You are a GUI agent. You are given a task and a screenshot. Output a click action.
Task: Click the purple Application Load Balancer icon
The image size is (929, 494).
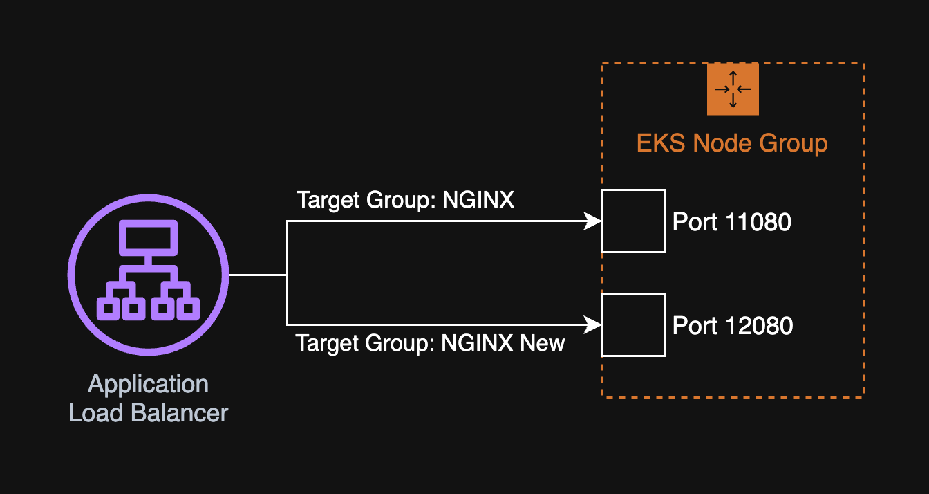click(148, 275)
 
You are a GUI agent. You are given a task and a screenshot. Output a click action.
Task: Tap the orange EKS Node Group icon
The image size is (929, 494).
click(733, 89)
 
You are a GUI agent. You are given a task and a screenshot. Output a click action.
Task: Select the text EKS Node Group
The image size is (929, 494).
click(732, 143)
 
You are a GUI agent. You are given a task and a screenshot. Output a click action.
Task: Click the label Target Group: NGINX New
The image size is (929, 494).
click(430, 342)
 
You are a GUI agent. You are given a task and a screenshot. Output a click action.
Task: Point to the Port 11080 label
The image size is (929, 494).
click(731, 222)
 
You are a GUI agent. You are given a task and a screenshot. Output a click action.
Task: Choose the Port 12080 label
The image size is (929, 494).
click(732, 325)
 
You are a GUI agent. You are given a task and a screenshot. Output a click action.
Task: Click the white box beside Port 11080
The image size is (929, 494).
click(633, 221)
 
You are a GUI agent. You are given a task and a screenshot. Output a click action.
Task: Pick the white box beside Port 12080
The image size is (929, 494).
click(633, 324)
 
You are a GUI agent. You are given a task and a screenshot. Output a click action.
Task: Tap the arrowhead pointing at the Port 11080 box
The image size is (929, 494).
click(593, 221)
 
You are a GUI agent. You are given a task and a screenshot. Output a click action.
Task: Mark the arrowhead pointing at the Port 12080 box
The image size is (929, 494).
click(593, 324)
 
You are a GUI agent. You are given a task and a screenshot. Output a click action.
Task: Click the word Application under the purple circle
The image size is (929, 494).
click(148, 384)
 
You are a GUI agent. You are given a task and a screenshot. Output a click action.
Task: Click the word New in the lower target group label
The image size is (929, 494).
click(543, 342)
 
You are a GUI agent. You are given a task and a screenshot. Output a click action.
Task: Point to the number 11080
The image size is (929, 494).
click(758, 222)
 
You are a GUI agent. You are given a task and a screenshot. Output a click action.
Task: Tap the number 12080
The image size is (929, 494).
click(759, 325)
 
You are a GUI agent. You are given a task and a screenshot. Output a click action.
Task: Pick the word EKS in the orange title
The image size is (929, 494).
click(661, 143)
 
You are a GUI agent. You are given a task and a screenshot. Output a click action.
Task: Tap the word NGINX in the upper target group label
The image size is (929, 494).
click(478, 200)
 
